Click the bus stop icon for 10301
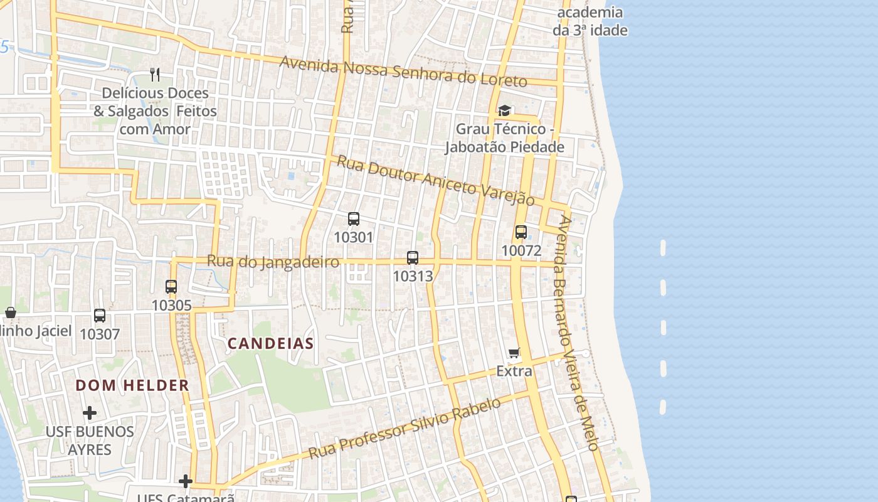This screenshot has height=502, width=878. (354, 219)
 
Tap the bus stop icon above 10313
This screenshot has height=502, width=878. (413, 258)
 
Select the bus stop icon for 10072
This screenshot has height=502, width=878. (521, 232)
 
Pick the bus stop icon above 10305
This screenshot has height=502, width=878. (171, 287)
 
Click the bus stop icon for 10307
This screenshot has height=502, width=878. (100, 316)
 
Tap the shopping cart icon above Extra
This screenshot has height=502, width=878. (514, 353)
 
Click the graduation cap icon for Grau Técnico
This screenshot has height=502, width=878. (504, 111)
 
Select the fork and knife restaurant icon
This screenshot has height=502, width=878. (155, 75)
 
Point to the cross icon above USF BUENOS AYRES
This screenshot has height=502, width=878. (90, 413)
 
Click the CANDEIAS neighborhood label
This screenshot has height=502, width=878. (270, 343)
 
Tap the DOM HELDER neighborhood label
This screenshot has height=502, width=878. (132, 385)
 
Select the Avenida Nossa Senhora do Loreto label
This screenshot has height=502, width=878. (403, 72)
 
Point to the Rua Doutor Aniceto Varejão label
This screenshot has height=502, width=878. (435, 180)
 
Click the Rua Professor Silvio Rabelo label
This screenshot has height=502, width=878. (405, 428)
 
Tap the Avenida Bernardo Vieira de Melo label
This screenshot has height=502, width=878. (576, 333)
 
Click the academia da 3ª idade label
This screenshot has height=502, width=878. (590, 21)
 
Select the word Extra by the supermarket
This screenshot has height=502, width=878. (514, 371)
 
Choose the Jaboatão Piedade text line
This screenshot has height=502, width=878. (504, 147)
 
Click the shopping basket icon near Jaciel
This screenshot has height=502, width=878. (10, 312)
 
